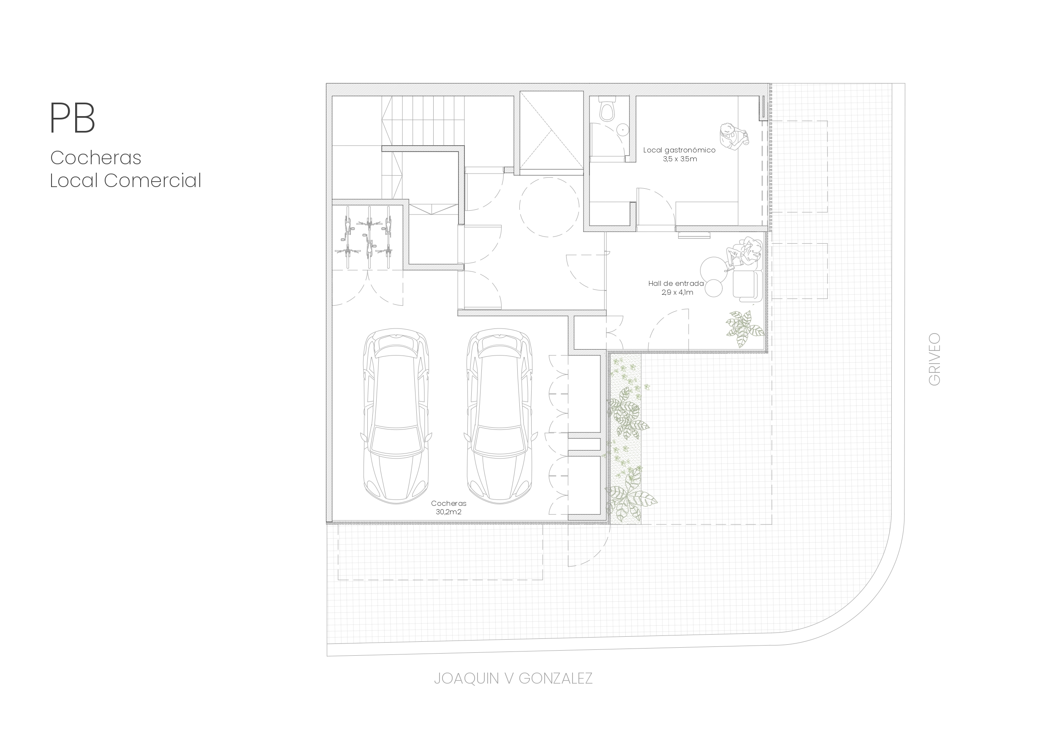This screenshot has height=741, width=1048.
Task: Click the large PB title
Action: point(73,118)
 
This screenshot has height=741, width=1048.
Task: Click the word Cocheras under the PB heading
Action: point(96,158)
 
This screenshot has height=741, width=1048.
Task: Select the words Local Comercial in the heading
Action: point(125,180)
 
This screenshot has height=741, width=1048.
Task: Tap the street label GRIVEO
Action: point(934,359)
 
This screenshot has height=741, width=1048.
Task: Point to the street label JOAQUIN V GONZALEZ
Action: point(513,679)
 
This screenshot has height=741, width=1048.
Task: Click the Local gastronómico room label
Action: point(679,150)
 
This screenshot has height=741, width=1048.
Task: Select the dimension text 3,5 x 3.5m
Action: point(680,159)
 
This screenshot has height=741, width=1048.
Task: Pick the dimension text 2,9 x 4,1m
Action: point(677,292)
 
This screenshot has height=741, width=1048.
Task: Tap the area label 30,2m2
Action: point(448,512)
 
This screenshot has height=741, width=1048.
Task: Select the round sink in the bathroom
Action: point(622,130)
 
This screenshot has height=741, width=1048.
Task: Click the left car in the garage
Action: point(396,416)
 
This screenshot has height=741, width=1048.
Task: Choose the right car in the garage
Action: point(500,416)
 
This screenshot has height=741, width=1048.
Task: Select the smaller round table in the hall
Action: point(714,288)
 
